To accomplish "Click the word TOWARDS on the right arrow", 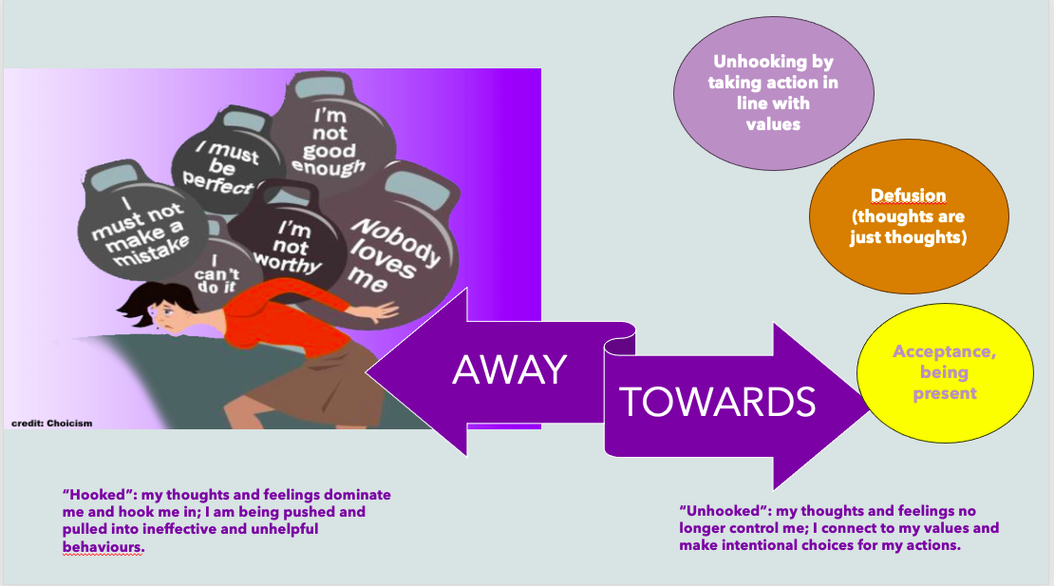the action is click(x=718, y=403).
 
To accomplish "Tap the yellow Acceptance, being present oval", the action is click(x=944, y=372).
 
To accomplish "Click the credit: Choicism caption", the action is click(x=51, y=423).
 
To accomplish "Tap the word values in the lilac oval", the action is click(x=772, y=123).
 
